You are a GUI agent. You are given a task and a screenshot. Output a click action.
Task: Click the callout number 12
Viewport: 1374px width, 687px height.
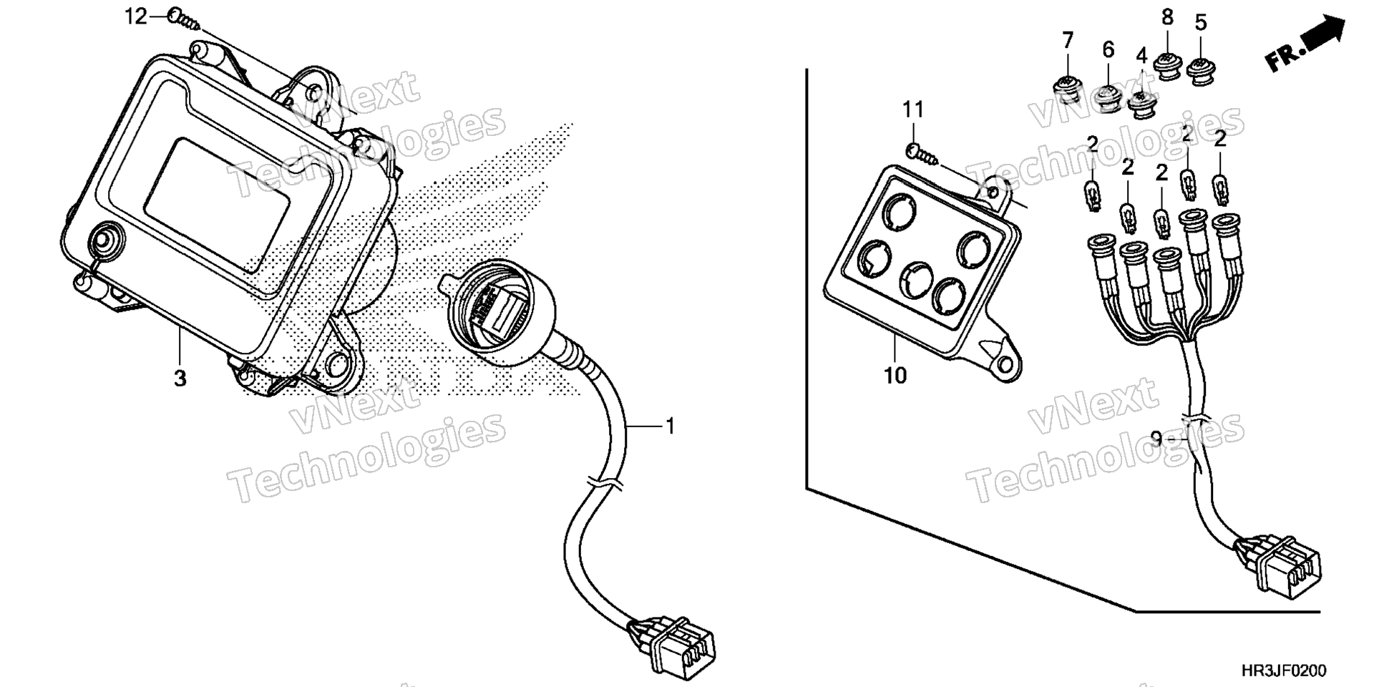136,16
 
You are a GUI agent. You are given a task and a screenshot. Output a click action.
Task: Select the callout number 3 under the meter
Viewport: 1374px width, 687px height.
180,379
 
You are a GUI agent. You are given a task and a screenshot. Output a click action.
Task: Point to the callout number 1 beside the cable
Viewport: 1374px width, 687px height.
670,427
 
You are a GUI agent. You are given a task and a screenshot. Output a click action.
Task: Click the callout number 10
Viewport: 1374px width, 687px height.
895,375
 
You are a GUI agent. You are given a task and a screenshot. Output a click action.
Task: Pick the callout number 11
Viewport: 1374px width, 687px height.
912,109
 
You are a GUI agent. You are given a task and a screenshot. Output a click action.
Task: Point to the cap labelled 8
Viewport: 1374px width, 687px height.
1169,67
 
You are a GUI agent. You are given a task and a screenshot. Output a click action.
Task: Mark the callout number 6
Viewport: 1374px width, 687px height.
1108,50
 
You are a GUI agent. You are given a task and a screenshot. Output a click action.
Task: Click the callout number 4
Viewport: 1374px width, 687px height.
1141,56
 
